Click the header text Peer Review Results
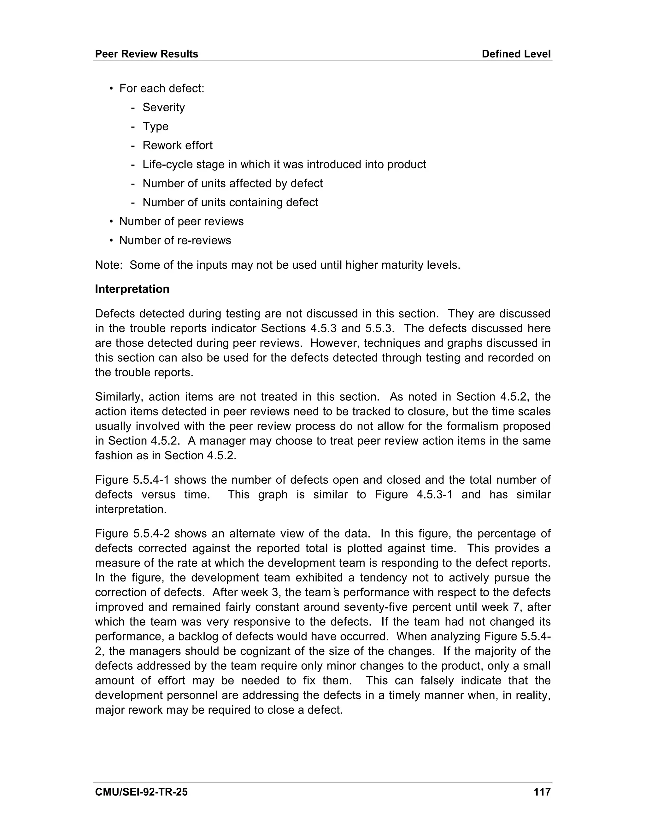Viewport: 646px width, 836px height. coord(147,54)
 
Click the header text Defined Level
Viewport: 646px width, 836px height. coord(516,54)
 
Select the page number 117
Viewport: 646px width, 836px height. coord(542,792)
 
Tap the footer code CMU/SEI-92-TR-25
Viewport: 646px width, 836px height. coord(141,792)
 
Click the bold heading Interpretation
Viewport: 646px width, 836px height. coord(132,289)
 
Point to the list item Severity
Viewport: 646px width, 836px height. coord(163,108)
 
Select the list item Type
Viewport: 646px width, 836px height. coord(156,126)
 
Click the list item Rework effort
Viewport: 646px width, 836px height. coord(177,145)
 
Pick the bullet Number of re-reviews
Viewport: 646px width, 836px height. coord(175,240)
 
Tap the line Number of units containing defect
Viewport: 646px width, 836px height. coord(230,203)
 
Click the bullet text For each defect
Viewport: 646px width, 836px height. coord(161,88)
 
